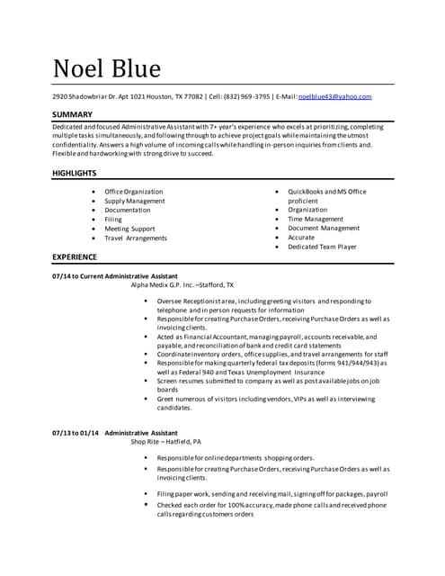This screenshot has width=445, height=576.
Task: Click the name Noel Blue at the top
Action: click(107, 68)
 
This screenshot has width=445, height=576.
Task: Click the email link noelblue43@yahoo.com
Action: click(334, 96)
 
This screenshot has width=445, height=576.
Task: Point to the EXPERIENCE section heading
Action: click(77, 256)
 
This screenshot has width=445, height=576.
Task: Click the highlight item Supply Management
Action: click(134, 201)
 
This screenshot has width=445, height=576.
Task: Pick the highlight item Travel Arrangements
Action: click(136, 238)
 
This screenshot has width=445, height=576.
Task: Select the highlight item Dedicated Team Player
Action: click(322, 246)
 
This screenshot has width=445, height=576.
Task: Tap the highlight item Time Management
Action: click(316, 219)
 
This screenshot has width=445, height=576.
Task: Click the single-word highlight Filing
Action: click(113, 219)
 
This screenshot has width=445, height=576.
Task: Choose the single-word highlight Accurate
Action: click(301, 237)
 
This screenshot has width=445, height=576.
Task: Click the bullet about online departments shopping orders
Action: click(236, 457)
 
